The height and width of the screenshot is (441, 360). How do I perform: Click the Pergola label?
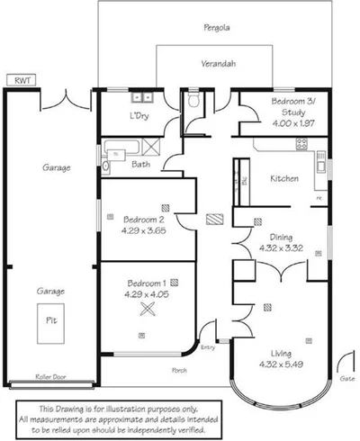217,28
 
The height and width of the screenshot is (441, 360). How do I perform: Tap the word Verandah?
217,65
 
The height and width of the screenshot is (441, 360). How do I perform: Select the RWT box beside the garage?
20,81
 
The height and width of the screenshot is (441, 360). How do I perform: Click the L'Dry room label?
139,118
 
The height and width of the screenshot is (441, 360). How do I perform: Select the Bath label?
140,165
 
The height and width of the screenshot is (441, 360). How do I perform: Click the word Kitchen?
284,178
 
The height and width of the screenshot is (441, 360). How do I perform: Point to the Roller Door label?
48,378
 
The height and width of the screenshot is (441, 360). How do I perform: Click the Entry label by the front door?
209,347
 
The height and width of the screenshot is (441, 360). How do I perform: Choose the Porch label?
180,370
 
